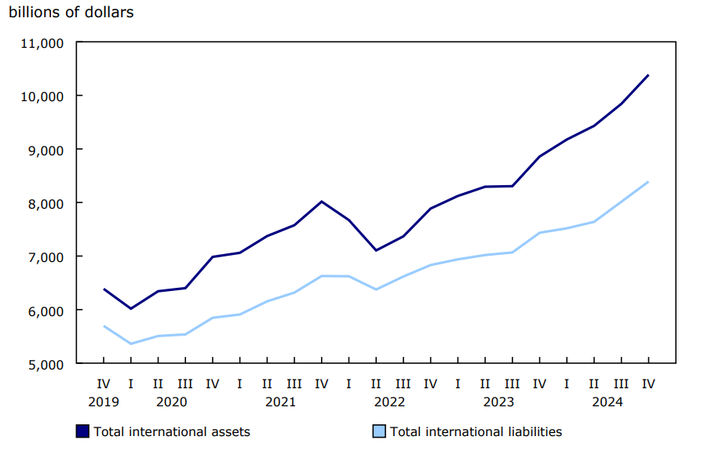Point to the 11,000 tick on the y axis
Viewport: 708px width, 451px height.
tap(42, 42)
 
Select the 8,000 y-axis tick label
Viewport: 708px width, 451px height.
tap(46, 203)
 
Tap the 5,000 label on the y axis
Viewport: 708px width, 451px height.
tap(46, 364)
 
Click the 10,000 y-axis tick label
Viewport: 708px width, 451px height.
tap(42, 96)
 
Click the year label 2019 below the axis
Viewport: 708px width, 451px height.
tap(104, 402)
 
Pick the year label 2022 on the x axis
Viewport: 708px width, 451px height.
tap(389, 402)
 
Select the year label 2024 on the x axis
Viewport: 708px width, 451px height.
tap(608, 402)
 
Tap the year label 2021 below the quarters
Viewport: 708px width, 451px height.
tap(280, 402)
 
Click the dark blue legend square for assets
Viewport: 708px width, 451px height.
tap(83, 431)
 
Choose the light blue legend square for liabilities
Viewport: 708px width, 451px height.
tap(379, 431)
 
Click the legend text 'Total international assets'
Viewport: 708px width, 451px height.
tap(172, 431)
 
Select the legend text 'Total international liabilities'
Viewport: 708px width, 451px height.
tap(476, 431)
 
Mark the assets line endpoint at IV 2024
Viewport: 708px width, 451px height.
tap(649, 75)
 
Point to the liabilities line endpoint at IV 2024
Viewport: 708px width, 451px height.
tap(649, 182)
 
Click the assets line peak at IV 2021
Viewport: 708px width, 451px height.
tap(321, 202)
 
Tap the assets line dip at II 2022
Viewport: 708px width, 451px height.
tap(376, 250)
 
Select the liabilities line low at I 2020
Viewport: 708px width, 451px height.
tap(131, 344)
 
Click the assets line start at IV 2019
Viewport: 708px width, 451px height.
tap(104, 289)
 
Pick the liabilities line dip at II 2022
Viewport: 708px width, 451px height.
tap(376, 289)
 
